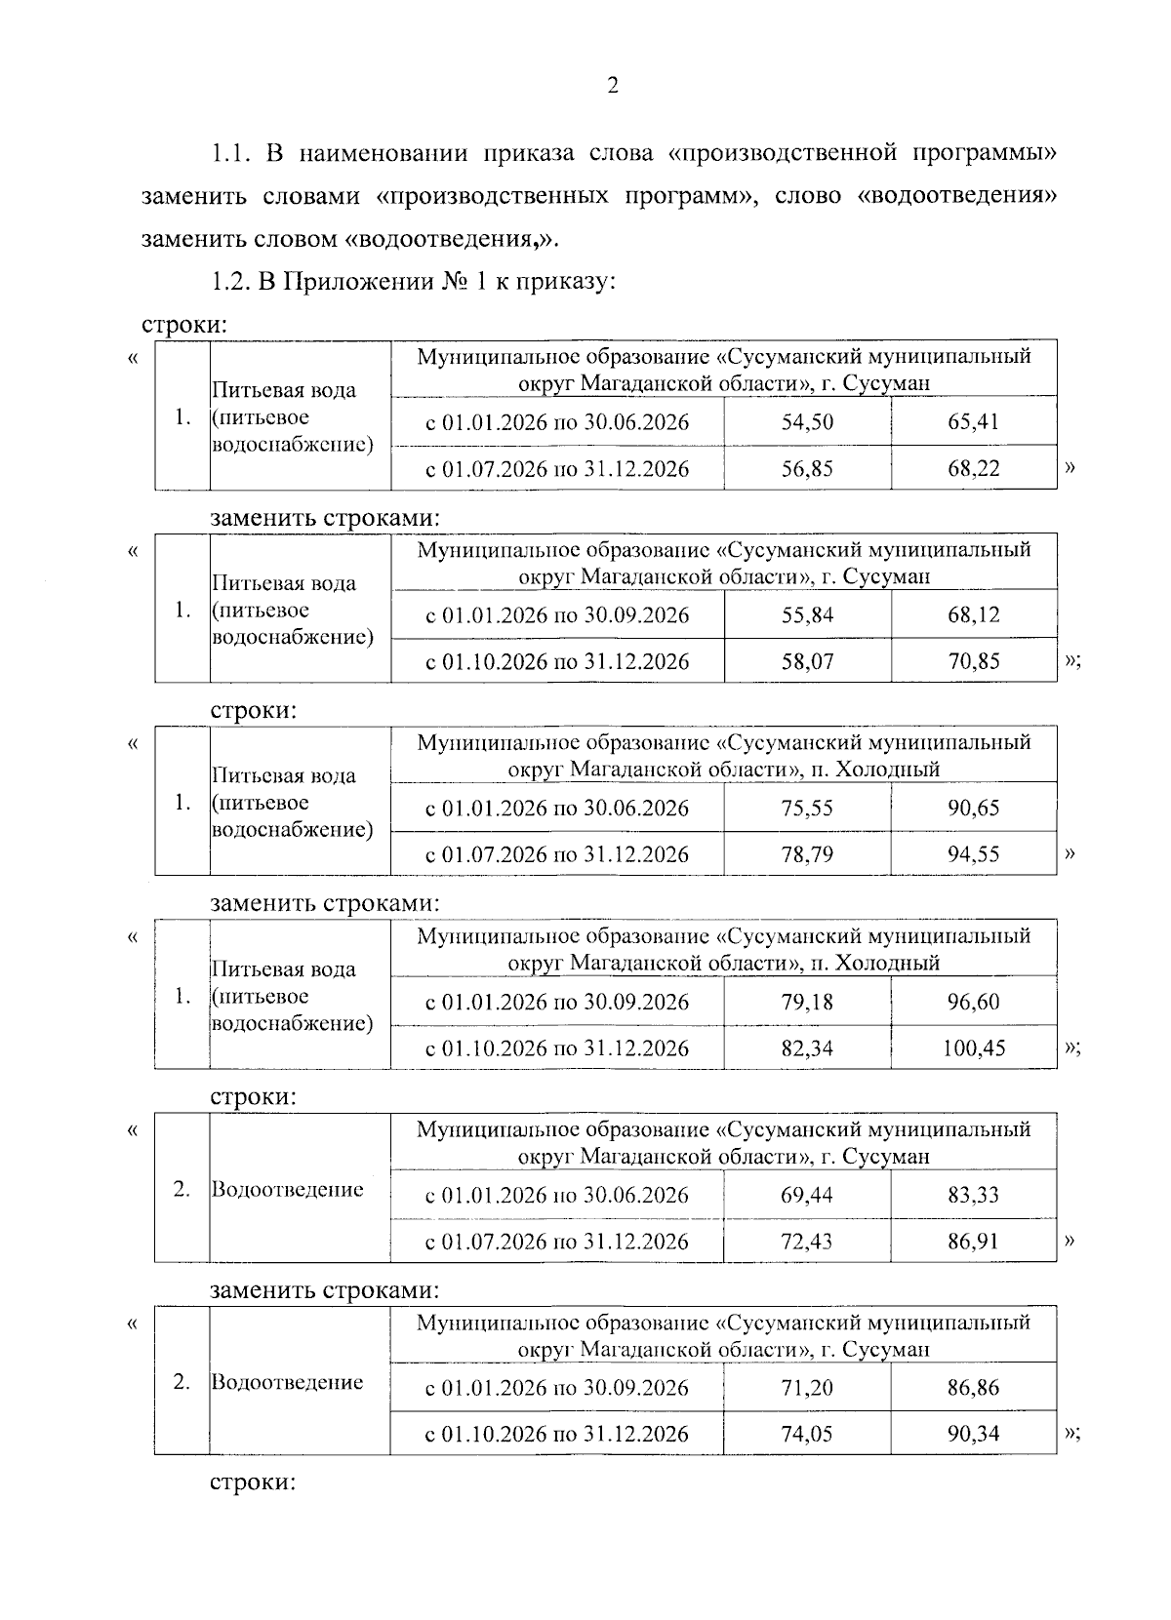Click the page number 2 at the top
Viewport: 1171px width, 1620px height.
pyautogui.click(x=613, y=86)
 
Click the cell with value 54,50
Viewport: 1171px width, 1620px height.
pyautogui.click(x=807, y=422)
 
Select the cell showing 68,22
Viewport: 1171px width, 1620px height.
pyautogui.click(x=973, y=468)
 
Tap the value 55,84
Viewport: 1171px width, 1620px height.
pyautogui.click(x=807, y=615)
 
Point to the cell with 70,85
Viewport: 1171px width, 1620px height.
pyautogui.click(x=973, y=661)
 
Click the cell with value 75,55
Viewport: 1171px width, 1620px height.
pyautogui.click(x=807, y=808)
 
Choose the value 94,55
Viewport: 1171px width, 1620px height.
pyautogui.click(x=973, y=853)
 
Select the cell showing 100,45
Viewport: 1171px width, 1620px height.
pyautogui.click(x=973, y=1048)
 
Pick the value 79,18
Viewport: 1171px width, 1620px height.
pyautogui.click(x=807, y=1002)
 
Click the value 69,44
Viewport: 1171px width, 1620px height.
pyautogui.click(x=807, y=1195)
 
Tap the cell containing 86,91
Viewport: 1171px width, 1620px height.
pyautogui.click(x=973, y=1242)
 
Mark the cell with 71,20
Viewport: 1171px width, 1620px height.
pyautogui.click(x=807, y=1387)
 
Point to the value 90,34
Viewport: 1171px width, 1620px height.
pyautogui.click(x=973, y=1434)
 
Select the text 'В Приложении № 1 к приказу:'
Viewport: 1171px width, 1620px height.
pyautogui.click(x=436, y=283)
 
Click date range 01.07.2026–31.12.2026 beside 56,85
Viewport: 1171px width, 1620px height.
pyautogui.click(x=556, y=469)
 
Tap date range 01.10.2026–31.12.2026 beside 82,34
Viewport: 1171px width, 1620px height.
pyautogui.click(x=556, y=1048)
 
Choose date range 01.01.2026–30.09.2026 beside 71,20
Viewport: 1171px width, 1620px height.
pyautogui.click(x=556, y=1388)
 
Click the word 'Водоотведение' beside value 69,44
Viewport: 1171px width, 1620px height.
pyautogui.click(x=287, y=1190)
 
